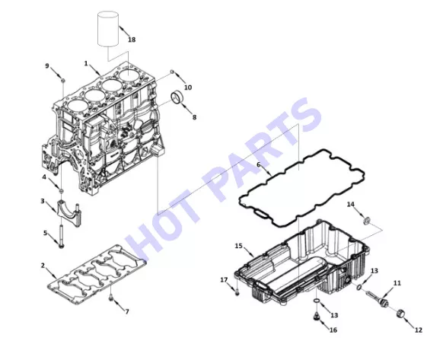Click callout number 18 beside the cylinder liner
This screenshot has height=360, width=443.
pos(132,40)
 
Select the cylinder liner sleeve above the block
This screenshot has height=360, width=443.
pos(107,28)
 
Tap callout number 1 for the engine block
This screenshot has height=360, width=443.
pos(86,64)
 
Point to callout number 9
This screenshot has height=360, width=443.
pos(47,66)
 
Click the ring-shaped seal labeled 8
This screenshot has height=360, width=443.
pos(177,98)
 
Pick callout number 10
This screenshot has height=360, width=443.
pos(188,88)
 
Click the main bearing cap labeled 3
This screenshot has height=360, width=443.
pos(69,215)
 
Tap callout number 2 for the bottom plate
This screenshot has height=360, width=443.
pos(43,266)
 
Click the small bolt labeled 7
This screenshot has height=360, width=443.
pos(111,297)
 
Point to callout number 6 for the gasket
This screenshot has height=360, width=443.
pos(258,164)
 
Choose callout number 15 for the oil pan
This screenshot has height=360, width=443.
pos(239,246)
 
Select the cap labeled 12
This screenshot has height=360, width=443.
pos(400,314)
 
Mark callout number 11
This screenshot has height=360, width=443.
pos(397,283)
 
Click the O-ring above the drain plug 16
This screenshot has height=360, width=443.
pos(317,301)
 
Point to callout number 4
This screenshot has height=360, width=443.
pos(44,177)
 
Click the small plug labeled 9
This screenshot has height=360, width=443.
pos(63,81)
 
